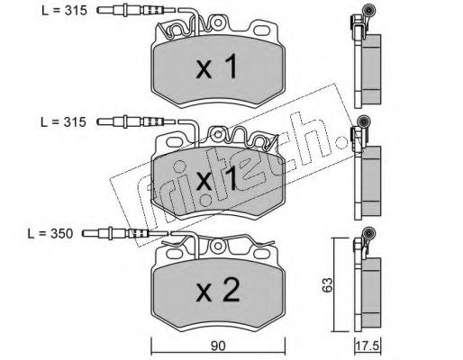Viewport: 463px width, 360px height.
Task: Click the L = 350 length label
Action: [x=50, y=234]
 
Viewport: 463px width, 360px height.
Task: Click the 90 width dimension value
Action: [x=218, y=346]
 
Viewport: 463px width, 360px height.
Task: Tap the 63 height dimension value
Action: [x=328, y=284]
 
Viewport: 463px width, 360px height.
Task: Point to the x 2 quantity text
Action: [x=218, y=290]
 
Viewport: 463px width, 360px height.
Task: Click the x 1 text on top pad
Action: [x=217, y=67]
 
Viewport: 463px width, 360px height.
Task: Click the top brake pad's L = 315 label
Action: [x=64, y=11]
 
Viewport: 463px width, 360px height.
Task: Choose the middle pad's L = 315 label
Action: [x=63, y=122]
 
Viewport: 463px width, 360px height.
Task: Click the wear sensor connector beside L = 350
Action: [x=123, y=233]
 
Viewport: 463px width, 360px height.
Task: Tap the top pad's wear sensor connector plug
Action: [x=138, y=11]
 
